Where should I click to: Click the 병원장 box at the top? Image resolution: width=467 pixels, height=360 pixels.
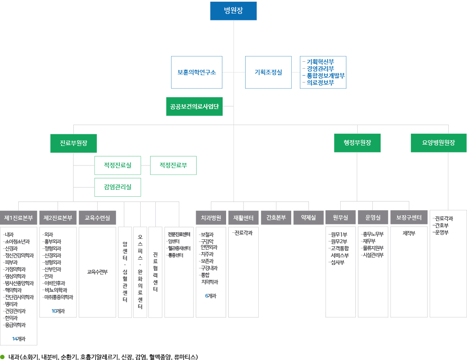tap(233, 11)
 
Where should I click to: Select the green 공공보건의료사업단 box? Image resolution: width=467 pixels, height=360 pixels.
tap(194, 106)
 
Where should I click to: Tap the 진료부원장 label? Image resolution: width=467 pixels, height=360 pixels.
tap(73, 143)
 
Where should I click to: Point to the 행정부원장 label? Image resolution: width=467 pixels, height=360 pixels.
tap(357, 142)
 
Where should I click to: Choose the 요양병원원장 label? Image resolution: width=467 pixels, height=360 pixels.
tap(438, 142)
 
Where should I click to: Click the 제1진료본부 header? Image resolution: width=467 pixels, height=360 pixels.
tap(19, 218)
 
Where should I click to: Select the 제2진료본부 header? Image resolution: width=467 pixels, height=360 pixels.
tap(58, 218)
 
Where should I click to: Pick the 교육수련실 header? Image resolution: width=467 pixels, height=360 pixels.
tap(97, 218)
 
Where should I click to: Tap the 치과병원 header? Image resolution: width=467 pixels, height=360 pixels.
tap(211, 218)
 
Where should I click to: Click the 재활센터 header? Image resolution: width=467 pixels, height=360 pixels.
tap(243, 218)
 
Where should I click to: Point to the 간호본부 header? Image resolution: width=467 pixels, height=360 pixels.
tap(276, 218)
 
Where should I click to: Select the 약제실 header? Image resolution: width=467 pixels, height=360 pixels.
tap(308, 218)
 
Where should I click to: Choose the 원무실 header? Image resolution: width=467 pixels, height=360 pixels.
tap(340, 218)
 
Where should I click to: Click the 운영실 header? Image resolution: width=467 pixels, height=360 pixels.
tap(373, 218)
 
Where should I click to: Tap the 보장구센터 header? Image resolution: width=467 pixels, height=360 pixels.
tap(409, 218)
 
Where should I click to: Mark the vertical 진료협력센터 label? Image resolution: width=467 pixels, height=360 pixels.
tap(155, 272)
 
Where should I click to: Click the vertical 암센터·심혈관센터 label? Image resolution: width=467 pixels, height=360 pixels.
tap(125, 272)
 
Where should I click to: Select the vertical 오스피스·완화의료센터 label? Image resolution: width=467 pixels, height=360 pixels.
tap(140, 272)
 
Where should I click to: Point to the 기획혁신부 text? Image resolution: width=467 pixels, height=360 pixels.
tap(320, 62)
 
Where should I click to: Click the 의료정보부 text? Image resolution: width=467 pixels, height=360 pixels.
tap(320, 82)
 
